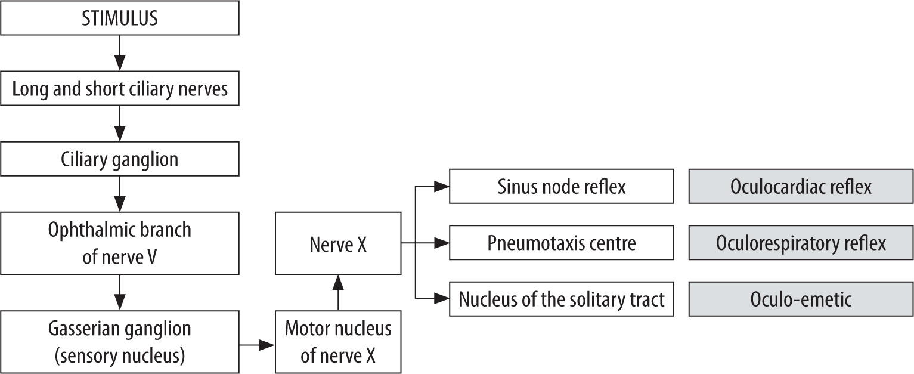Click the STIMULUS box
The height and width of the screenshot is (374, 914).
tap(120, 18)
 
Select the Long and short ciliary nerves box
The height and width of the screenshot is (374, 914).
tap(120, 89)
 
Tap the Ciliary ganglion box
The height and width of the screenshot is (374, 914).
tap(120, 160)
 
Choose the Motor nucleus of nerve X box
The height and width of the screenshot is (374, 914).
tap(338, 342)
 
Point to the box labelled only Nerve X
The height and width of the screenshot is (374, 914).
tap(338, 243)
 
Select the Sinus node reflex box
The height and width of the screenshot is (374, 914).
tap(561, 187)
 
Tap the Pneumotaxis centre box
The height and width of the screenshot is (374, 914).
tap(561, 243)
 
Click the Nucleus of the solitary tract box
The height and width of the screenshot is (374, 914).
tap(561, 299)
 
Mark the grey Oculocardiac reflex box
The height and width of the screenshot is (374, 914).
tap(800, 187)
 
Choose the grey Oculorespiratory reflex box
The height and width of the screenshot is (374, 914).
tap(800, 243)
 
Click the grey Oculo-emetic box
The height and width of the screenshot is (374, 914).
tap(800, 299)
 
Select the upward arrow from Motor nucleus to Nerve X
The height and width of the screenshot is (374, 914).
tap(338, 292)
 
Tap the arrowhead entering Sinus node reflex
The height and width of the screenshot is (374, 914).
tap(441, 187)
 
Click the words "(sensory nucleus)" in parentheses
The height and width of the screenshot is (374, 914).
tap(120, 356)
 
